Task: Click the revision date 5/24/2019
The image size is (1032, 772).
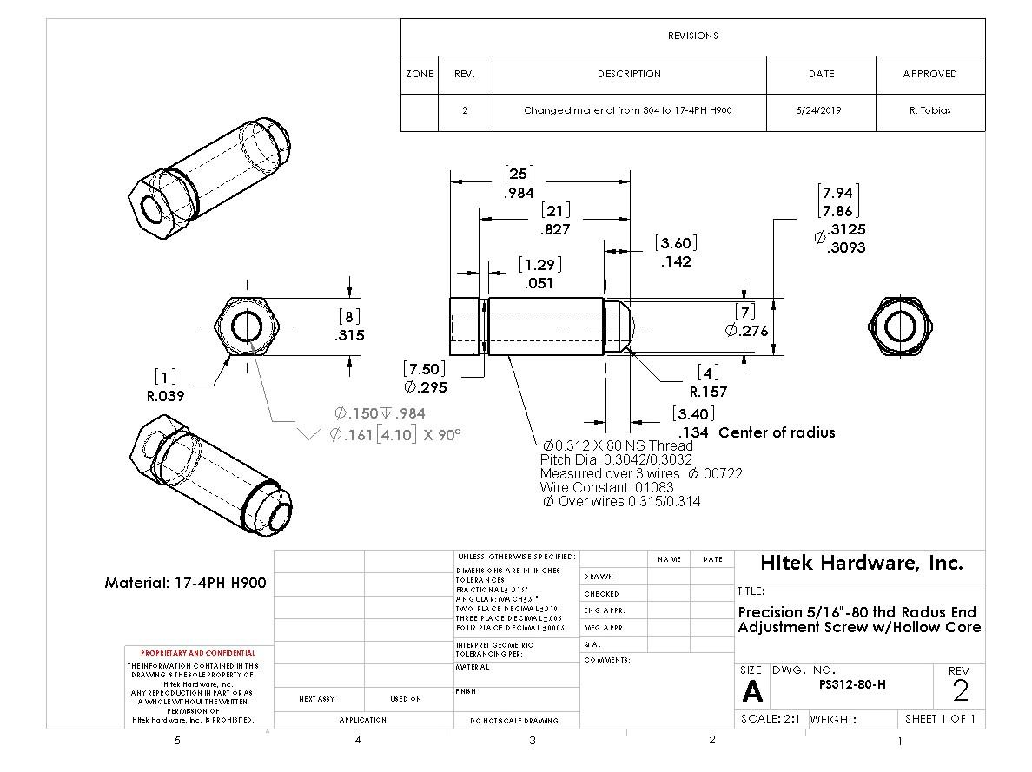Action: pyautogui.click(x=820, y=111)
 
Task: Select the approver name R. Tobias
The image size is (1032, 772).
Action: pyautogui.click(x=929, y=111)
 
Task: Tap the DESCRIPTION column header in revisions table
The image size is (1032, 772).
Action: pyautogui.click(x=629, y=74)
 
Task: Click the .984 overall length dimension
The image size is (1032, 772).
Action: pyautogui.click(x=519, y=194)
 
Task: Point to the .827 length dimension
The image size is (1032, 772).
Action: pyautogui.click(x=555, y=230)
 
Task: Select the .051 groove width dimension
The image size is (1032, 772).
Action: pyautogui.click(x=539, y=283)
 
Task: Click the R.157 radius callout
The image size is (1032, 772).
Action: pyautogui.click(x=709, y=392)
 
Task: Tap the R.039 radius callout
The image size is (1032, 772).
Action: pyautogui.click(x=166, y=396)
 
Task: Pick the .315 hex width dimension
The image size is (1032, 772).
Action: pyautogui.click(x=350, y=335)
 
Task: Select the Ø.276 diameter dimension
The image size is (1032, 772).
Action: pyautogui.click(x=747, y=331)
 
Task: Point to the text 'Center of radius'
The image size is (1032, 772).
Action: pyautogui.click(x=777, y=432)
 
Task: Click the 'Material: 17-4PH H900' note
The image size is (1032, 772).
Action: pyautogui.click(x=185, y=583)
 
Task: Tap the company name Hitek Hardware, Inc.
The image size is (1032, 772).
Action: pyautogui.click(x=861, y=563)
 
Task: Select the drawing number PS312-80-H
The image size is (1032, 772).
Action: pyautogui.click(x=852, y=683)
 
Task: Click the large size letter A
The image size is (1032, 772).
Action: pyautogui.click(x=752, y=692)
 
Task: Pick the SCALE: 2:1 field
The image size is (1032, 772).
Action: pyautogui.click(x=771, y=719)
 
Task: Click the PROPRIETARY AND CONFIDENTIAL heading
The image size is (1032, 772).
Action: pyautogui.click(x=198, y=653)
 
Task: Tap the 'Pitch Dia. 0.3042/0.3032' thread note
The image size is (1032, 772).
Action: pyautogui.click(x=616, y=459)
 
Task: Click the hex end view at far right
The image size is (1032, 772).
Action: pyautogui.click(x=903, y=329)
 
